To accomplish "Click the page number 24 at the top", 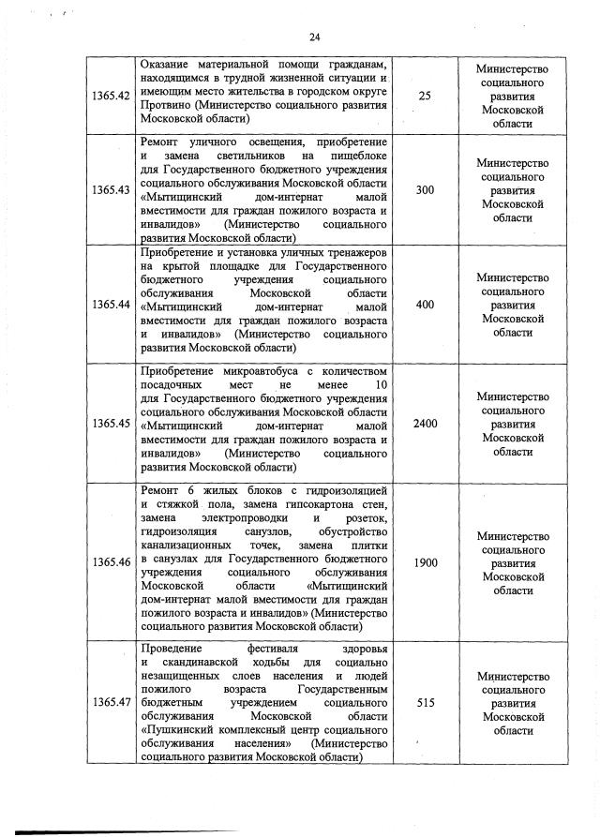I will click(314, 37).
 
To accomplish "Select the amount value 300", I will click(426, 190).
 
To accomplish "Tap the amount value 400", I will click(426, 305).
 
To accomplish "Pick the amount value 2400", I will click(426, 424).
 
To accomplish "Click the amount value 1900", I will click(426, 562).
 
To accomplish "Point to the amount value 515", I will click(426, 702).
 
